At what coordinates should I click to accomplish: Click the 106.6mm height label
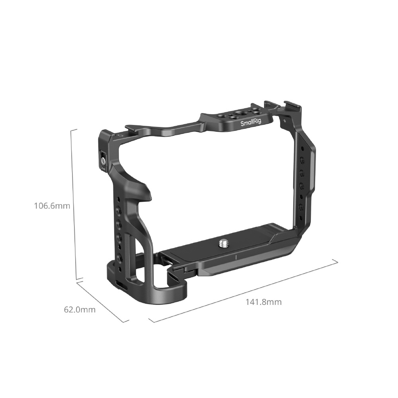click(x=52, y=206)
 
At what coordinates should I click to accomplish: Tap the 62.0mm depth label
click(x=80, y=310)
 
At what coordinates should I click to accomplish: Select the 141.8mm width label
click(x=263, y=302)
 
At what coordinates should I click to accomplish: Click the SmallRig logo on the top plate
click(x=250, y=124)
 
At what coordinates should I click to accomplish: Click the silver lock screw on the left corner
click(x=103, y=160)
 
